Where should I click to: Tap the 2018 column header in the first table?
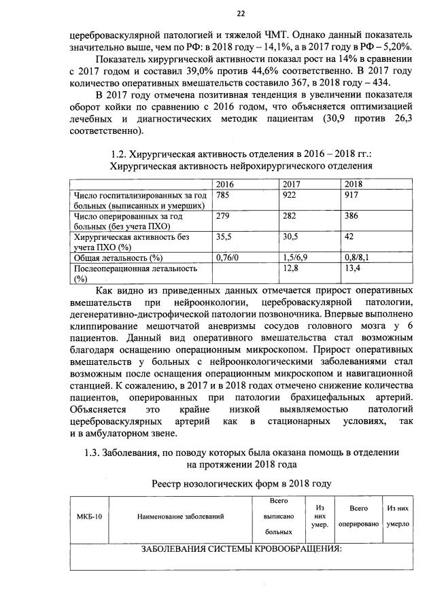[353, 184]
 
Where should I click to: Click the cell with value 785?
[222, 195]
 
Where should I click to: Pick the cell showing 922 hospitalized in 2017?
[292, 195]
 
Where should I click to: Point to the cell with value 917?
[354, 195]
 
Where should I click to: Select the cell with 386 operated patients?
[354, 216]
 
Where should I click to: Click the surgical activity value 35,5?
[224, 237]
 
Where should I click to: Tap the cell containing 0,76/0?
[228, 258]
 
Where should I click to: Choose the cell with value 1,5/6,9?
[296, 258]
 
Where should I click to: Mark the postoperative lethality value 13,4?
[354, 268]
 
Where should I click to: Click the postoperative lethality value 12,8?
[292, 268]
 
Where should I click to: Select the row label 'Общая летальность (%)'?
[118, 258]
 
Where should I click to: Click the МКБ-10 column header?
[89, 517]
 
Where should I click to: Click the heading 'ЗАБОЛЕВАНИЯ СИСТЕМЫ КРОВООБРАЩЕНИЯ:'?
[240, 549]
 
